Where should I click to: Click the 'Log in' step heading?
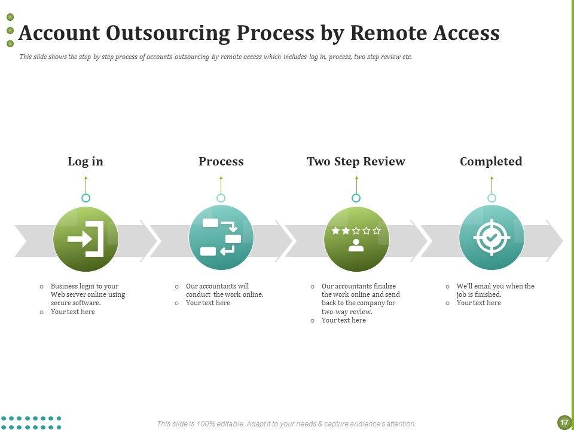tap(86, 161)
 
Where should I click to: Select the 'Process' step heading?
tap(221, 161)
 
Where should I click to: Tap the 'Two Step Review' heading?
tap(356, 161)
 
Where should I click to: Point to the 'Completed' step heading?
tap(491, 161)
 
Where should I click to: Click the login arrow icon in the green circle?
tap(86, 239)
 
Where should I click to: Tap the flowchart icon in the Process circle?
tap(221, 238)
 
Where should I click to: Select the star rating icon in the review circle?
tap(356, 231)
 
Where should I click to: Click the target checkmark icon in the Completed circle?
tap(491, 238)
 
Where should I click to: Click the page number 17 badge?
tap(563, 422)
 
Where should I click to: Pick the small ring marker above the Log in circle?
tap(86, 198)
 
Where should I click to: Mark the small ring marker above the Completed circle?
tap(491, 198)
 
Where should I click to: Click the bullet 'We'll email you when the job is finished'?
tap(495, 290)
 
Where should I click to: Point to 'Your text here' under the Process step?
tap(207, 303)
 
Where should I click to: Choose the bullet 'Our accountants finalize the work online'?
tap(361, 299)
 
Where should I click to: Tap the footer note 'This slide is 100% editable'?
tap(286, 424)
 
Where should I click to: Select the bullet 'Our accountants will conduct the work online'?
tap(224, 290)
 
